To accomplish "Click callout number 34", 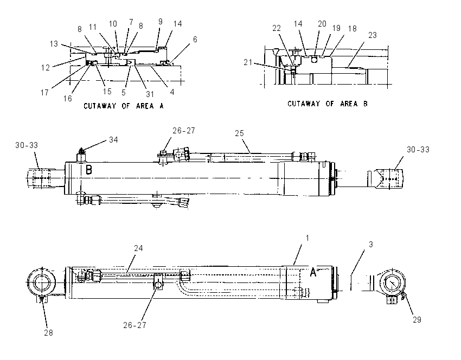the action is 113,139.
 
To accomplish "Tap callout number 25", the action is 239,133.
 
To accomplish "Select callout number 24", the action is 138,248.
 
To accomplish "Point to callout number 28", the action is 48,333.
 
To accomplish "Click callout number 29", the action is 417,320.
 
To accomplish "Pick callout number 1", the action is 307,238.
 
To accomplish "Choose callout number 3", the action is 371,245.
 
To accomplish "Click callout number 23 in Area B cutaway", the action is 373,35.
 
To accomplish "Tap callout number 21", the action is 248,62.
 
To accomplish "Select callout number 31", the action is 150,94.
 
